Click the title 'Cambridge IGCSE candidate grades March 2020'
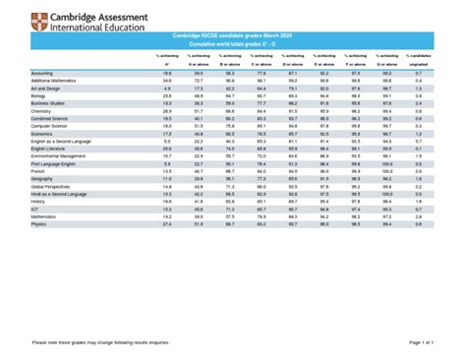233,35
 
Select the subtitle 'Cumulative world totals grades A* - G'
233,44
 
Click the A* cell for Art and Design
167,89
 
